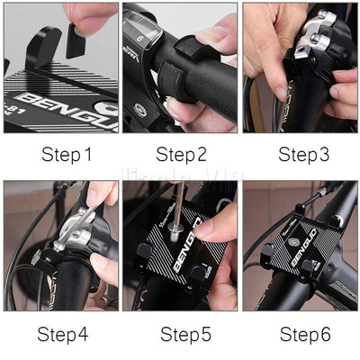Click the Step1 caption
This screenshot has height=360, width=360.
(x=67, y=155)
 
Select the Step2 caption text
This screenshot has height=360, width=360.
(x=185, y=155)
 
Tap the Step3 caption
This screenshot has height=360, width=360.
(x=304, y=155)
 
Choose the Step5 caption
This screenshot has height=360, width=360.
(x=185, y=335)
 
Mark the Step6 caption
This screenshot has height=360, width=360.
(x=305, y=335)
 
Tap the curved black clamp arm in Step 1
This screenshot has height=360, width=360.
(x=44, y=49)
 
